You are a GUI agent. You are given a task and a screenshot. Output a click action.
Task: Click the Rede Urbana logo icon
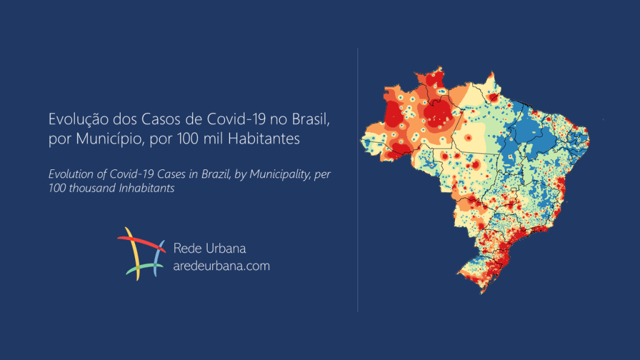coord(141,254)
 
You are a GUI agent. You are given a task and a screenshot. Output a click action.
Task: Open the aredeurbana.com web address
coord(221,266)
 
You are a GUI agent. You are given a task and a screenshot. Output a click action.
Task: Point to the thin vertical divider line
coord(357,187)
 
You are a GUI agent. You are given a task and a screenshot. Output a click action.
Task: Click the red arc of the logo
coord(142,241)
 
